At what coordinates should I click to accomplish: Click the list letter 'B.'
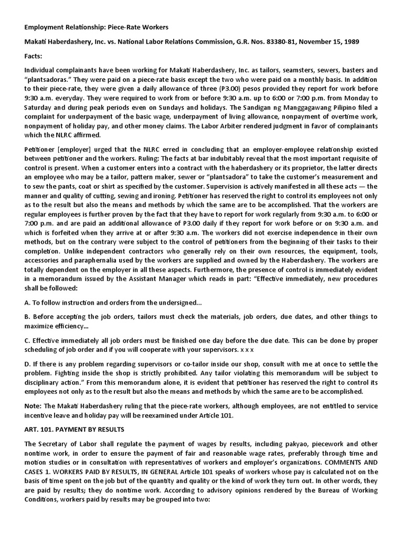pos(28,317)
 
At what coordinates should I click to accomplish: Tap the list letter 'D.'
pos(28,363)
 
